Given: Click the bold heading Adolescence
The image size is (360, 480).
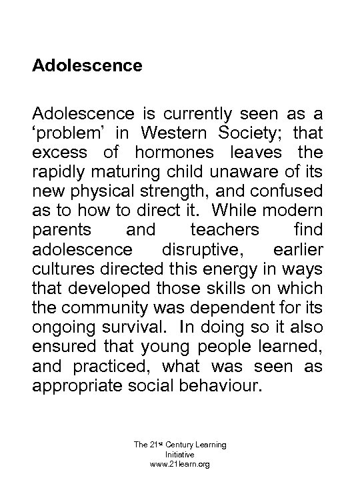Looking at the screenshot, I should coord(87,66).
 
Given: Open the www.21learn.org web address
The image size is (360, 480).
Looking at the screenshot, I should coord(180,463).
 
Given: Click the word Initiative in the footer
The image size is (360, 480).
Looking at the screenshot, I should coord(180,453).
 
